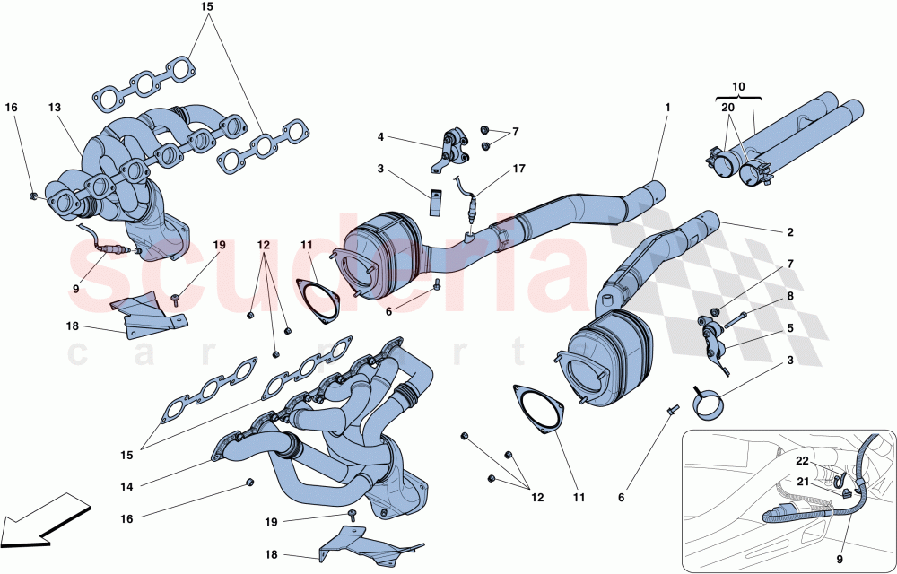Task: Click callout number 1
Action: pos(667,108)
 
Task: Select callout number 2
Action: pos(790,232)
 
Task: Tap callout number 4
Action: pos(380,137)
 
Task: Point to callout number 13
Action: pos(55,108)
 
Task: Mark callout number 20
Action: pos(727,106)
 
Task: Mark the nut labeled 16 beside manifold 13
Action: pos(33,195)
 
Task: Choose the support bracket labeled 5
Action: pos(713,339)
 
